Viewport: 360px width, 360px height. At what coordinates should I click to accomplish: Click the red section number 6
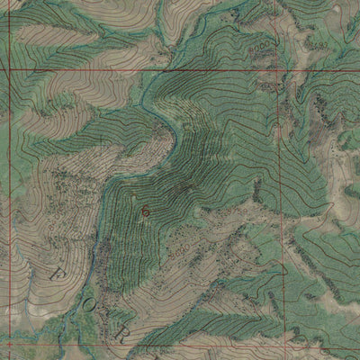(x=144, y=209)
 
